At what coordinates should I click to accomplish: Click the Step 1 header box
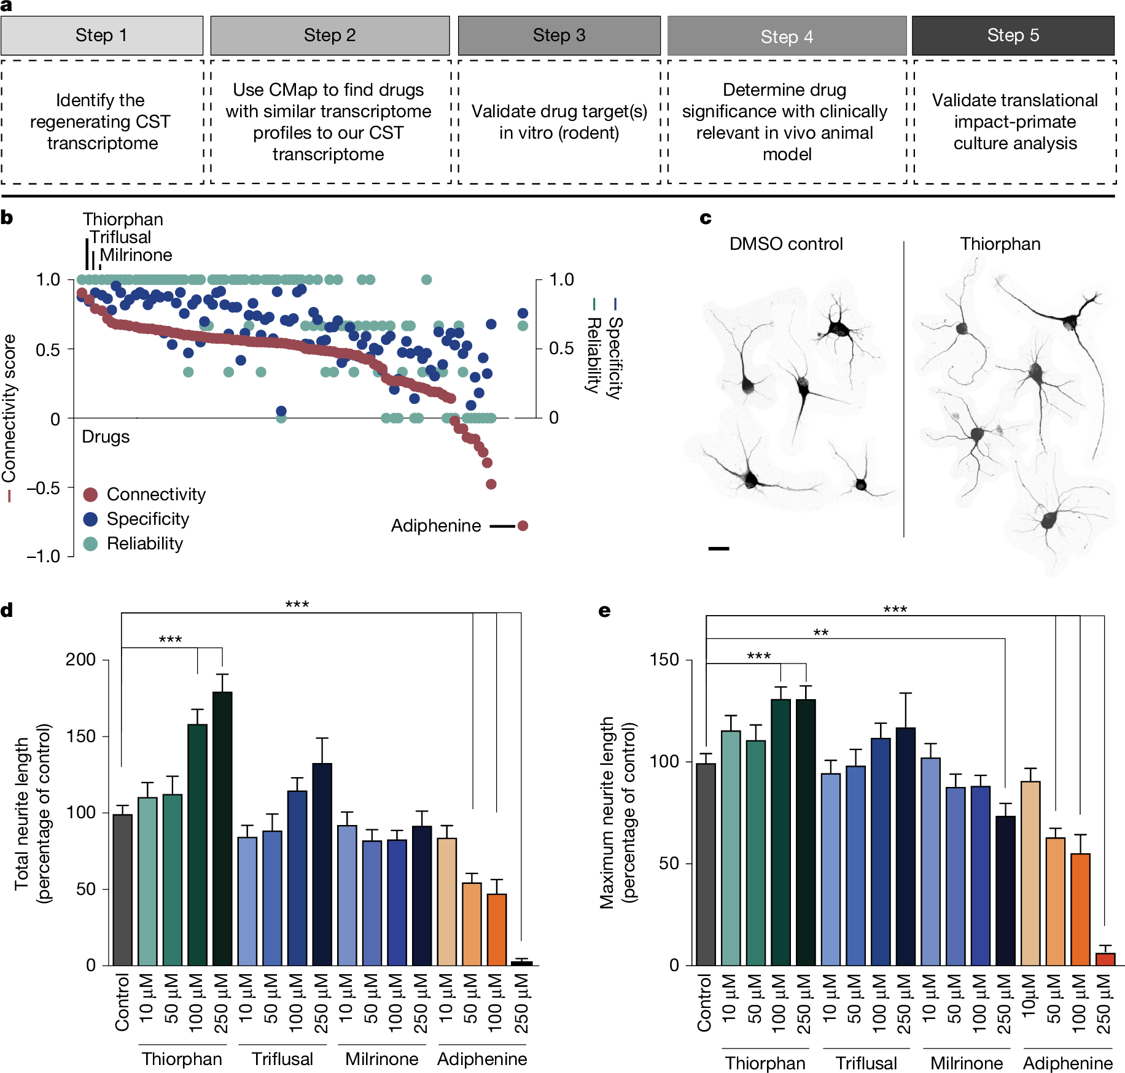coord(102,36)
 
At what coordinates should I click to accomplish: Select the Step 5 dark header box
coord(1013,36)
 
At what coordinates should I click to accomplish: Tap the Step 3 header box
coord(559,36)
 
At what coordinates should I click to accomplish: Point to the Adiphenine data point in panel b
coord(523,525)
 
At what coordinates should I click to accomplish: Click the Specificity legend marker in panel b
coord(90,519)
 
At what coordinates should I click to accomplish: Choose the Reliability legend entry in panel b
coord(144,544)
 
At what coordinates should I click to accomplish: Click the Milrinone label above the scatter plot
coord(136,255)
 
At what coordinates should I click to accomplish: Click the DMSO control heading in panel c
coord(785,244)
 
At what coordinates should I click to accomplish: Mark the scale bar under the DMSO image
coord(718,548)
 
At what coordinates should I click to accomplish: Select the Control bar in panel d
coord(122,890)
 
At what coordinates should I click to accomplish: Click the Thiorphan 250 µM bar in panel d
coord(222,829)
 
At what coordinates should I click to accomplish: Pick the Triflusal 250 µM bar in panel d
coord(322,864)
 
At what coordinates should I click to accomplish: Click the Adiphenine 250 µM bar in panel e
coord(1105,959)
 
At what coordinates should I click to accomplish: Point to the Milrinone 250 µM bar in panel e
coord(1005,890)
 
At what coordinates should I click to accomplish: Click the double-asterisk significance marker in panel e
coord(821,633)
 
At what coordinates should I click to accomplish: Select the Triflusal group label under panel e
coord(866,1063)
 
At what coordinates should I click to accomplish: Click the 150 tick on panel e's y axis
coord(664,660)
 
